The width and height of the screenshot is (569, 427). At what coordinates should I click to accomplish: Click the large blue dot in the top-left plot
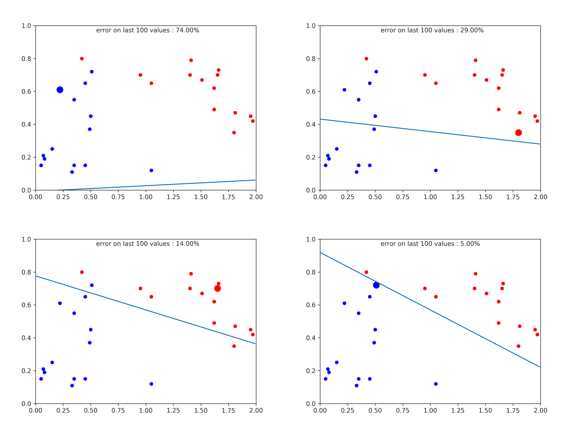(60, 90)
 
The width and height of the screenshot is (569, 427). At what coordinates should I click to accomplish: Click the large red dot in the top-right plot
(518, 133)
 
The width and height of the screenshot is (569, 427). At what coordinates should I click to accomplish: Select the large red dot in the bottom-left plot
(217, 289)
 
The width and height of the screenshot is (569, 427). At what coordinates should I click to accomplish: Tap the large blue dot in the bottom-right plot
(376, 285)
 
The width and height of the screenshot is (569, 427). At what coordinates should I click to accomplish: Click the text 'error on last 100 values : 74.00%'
(148, 30)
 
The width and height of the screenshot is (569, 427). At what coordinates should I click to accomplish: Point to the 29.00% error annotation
(432, 30)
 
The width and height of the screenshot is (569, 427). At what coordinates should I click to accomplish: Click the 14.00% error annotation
(148, 244)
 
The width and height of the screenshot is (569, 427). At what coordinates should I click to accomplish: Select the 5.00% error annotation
(430, 244)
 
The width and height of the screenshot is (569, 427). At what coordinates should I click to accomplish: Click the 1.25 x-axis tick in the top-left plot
(173, 197)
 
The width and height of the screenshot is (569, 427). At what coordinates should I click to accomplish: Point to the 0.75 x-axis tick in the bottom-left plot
(118, 410)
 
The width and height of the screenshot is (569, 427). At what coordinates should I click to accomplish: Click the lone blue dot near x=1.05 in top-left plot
(151, 171)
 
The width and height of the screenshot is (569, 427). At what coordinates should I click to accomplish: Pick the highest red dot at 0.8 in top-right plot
(366, 59)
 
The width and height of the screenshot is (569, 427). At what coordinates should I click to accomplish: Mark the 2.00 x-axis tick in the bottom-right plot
(541, 410)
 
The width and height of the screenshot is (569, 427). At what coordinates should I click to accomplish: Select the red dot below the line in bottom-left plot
(234, 346)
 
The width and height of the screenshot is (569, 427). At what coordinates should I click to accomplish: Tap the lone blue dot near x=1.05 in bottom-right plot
(436, 384)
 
